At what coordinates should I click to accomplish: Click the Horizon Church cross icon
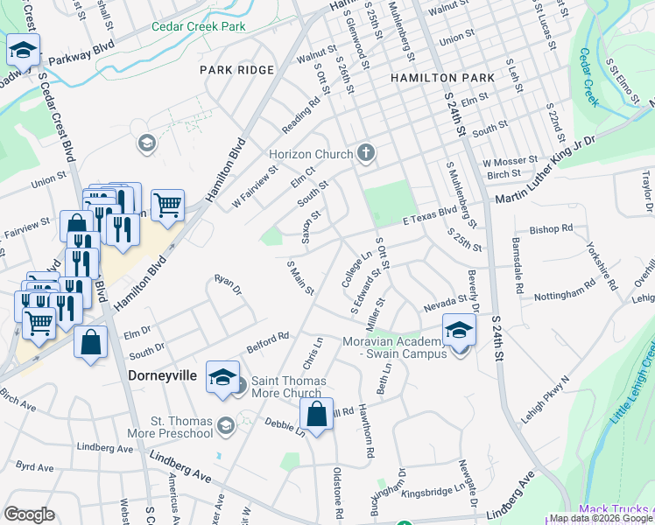(x=366, y=155)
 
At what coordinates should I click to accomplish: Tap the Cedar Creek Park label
(x=198, y=27)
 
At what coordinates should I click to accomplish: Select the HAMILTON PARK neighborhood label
(x=442, y=78)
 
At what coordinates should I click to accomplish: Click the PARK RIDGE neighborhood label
(x=237, y=69)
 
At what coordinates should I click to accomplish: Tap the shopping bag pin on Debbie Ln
(x=319, y=413)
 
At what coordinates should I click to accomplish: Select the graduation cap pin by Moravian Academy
(x=459, y=330)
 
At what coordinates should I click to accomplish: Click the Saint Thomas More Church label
(x=289, y=387)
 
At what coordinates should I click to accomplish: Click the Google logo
(x=30, y=514)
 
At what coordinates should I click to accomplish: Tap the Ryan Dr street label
(x=227, y=285)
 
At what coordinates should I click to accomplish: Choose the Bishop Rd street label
(x=551, y=229)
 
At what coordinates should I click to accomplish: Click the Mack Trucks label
(x=616, y=509)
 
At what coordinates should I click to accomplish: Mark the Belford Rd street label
(x=267, y=339)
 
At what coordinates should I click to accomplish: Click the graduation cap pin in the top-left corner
(x=23, y=51)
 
